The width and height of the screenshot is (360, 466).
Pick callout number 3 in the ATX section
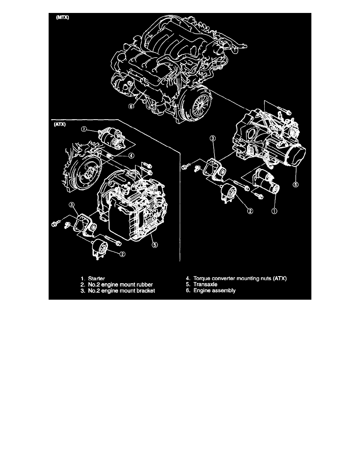(71, 204)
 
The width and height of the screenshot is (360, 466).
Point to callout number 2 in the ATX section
(122, 254)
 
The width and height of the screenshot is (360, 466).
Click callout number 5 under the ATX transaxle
(155, 244)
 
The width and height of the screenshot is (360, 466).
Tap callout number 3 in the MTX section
(213, 138)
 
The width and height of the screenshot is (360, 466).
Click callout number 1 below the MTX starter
(275, 211)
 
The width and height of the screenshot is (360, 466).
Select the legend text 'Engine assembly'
(214, 291)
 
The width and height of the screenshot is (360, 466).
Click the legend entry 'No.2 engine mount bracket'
(114, 291)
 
